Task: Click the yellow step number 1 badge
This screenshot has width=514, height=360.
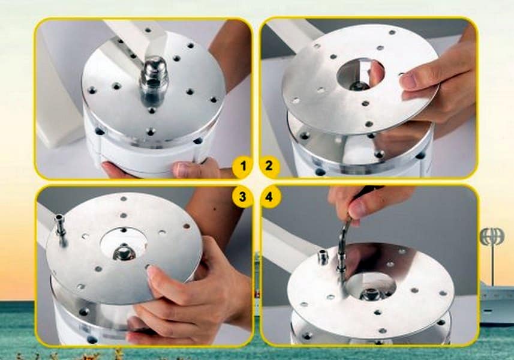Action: coord(243,166)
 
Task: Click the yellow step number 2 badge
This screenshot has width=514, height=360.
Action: coord(269,166)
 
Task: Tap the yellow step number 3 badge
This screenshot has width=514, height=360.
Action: coord(242,197)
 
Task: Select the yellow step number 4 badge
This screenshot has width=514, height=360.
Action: coord(269,197)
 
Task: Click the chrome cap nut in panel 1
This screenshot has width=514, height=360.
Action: coord(154,74)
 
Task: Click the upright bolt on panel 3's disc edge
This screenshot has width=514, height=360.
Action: coord(59,227)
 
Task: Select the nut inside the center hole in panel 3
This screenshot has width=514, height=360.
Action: coord(122,252)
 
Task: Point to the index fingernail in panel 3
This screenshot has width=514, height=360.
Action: coord(153,271)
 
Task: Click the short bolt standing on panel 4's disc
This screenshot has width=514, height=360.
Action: coord(323,257)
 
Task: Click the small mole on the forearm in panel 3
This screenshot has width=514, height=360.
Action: coord(214,209)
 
